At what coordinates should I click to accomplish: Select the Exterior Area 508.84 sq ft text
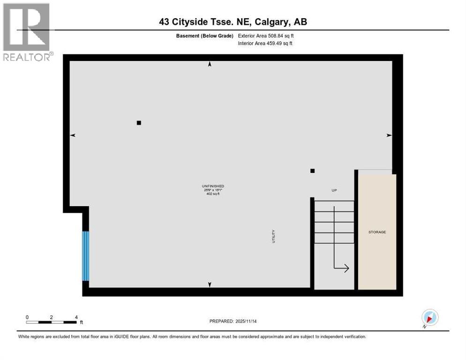pos(266,36)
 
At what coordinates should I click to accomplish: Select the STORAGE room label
pos(377,232)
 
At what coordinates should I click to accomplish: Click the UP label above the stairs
pos(334,190)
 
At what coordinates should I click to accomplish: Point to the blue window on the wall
pos(85,256)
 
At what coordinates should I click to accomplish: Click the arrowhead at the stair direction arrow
pos(346,268)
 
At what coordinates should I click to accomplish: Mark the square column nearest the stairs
pos(313,171)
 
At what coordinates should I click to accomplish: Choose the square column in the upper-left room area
pos(139,123)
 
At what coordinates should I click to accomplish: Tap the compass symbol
pos(429,317)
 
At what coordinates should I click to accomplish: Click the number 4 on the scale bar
pos(76,317)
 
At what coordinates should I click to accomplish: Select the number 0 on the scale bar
pos(27,317)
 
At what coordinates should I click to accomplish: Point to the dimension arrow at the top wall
pos(210,64)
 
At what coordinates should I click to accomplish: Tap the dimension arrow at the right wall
pos(389,135)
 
